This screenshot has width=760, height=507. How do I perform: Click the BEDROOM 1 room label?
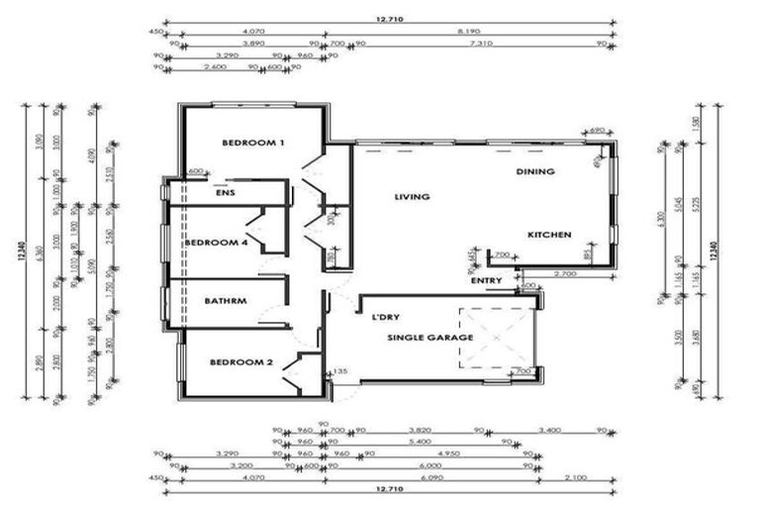coord(253,143)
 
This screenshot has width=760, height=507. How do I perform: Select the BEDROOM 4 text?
coord(215,243)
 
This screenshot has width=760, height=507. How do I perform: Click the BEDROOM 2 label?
coord(240,362)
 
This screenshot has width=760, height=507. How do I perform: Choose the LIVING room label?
coord(412,197)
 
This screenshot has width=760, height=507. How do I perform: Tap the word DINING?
coord(534,171)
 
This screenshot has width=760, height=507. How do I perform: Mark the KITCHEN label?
coord(549,235)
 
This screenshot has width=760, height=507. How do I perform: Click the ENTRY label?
coord(487,280)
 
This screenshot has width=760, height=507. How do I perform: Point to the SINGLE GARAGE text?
coord(429,338)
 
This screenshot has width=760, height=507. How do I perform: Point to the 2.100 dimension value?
coord(574,478)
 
